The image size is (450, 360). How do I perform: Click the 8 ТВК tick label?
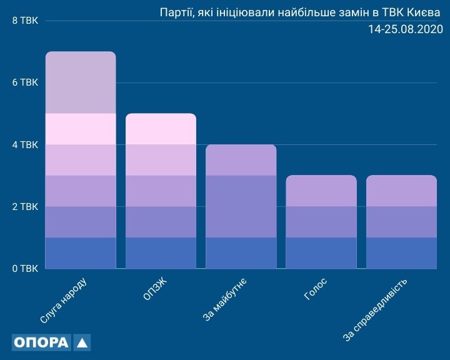point(24,21)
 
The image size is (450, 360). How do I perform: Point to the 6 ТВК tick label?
point(24,83)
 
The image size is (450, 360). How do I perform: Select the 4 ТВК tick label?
point(24,145)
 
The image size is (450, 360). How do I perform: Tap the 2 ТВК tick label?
point(24,207)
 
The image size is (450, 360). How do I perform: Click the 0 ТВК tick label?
point(24,269)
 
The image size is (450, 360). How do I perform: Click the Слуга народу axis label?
point(63,301)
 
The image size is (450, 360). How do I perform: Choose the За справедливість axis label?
point(376,311)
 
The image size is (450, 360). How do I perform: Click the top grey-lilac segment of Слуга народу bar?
point(81,82)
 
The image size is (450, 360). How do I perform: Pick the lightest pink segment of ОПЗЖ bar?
point(161,129)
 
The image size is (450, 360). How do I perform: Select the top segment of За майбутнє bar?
point(241,160)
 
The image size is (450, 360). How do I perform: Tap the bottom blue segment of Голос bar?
point(321,253)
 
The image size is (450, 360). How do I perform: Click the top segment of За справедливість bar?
point(401,191)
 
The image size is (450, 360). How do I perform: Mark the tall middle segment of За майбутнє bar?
point(241,206)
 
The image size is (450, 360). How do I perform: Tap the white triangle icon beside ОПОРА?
point(82,342)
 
